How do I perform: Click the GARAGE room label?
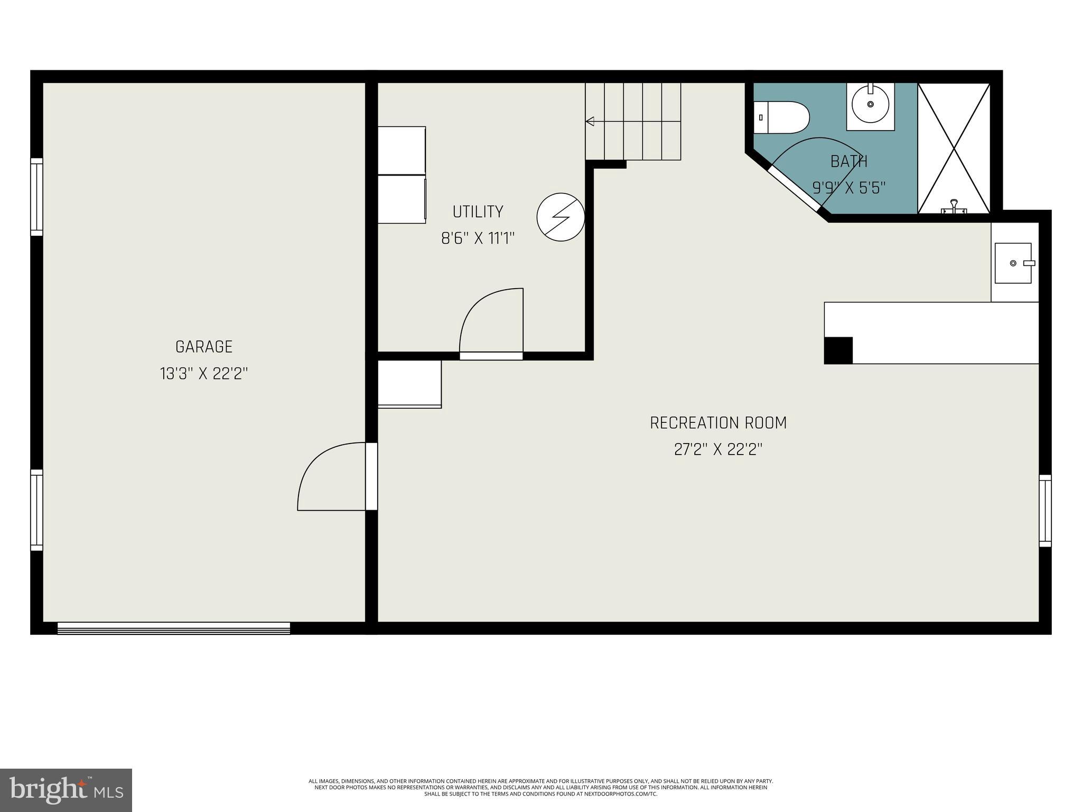coord(204,347)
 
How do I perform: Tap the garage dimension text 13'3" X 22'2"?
coord(204,374)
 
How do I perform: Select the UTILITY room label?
coord(478,212)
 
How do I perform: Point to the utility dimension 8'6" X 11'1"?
coord(478,239)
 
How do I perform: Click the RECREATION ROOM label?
coord(718,423)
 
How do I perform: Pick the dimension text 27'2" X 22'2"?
coord(718,450)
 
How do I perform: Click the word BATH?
coord(848,161)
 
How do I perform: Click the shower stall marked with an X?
coord(954,148)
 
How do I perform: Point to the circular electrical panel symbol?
coord(561,217)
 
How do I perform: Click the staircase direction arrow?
coord(590,122)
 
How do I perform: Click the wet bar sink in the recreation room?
coord(1013,263)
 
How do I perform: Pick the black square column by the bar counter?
coord(838,350)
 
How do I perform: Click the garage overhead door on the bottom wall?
coord(173,628)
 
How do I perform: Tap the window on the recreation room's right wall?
coord(1044,510)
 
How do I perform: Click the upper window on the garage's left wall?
coord(36,197)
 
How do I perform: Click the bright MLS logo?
coord(66,790)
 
